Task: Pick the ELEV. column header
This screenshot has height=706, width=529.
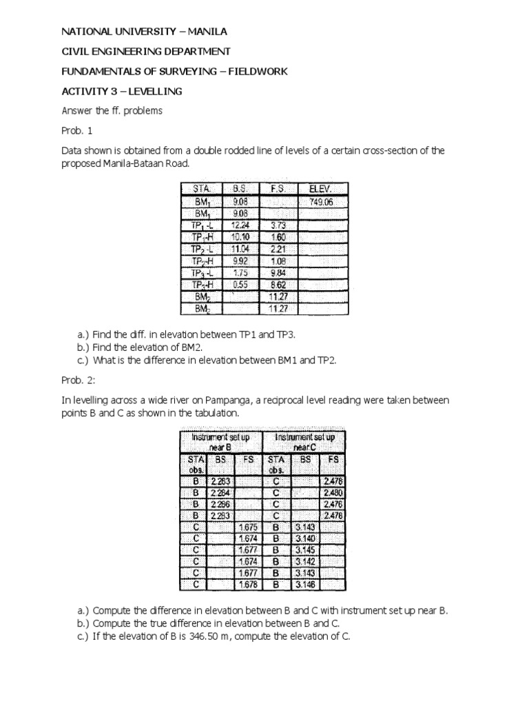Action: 322,189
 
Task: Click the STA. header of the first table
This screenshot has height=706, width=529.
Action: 204,189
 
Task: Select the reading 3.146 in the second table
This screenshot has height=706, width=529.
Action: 304,584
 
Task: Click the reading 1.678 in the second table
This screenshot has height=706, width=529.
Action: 249,584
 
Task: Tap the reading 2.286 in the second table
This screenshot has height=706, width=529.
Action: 221,503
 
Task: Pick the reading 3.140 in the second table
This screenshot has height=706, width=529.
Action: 304,538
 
